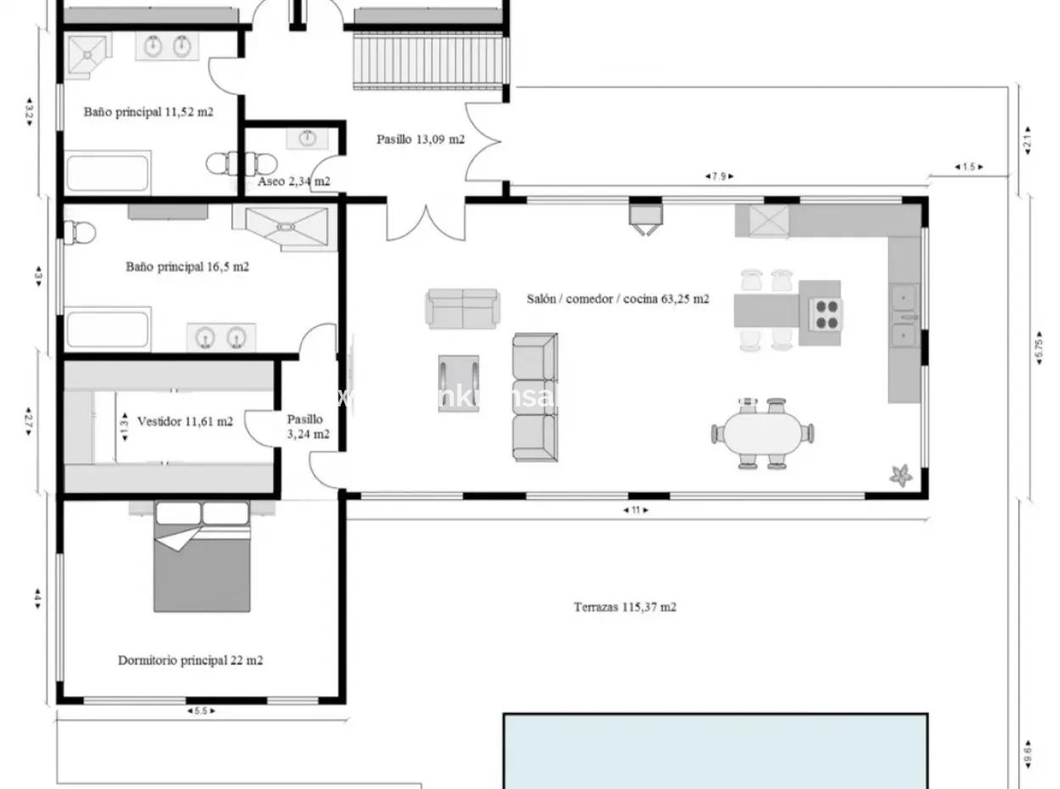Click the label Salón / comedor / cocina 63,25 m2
click(617, 299)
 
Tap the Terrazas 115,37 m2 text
click(625, 607)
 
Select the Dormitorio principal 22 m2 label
click(190, 659)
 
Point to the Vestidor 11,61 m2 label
click(185, 420)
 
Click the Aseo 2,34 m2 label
click(293, 181)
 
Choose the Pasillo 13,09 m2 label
click(421, 139)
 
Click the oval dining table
click(762, 434)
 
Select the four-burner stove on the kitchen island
click(826, 314)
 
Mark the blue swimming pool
click(715, 751)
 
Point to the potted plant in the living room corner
click(900, 475)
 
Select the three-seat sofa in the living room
click(535, 397)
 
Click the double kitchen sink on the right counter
click(904, 316)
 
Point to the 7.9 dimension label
click(718, 176)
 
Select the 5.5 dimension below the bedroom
click(200, 711)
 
